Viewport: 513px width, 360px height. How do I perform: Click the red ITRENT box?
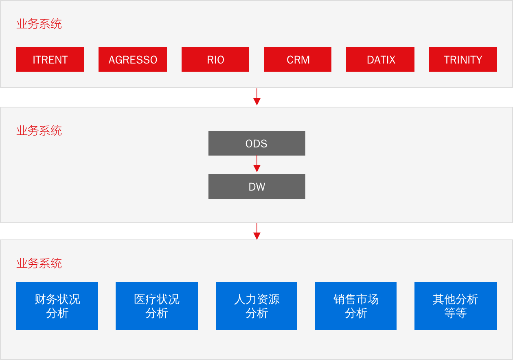point(50,59)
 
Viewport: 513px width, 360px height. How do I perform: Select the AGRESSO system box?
point(133,59)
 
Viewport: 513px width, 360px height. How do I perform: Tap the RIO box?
point(215,59)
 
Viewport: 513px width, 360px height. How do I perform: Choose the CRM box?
point(298,59)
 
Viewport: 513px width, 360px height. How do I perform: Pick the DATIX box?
point(380,59)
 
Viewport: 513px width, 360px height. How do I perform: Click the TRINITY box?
point(463,59)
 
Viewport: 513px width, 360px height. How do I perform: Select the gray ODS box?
point(257,143)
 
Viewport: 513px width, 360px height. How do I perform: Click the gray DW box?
point(257,187)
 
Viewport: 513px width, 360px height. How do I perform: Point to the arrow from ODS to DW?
point(257,164)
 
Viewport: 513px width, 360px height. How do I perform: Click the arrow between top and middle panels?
point(257,97)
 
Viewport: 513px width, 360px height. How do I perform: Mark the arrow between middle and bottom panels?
point(257,231)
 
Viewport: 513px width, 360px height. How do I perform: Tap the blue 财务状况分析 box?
point(57,306)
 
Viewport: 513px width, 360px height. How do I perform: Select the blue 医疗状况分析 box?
point(157,306)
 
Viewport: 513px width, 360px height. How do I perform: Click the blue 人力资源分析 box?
point(256,306)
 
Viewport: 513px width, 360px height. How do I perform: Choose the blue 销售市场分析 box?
point(356,306)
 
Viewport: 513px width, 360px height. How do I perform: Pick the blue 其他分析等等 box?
point(456,306)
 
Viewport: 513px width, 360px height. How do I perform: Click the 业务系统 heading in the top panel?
point(39,24)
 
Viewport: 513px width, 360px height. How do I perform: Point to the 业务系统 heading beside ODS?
point(39,131)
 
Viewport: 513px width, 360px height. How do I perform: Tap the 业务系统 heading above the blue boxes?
point(39,263)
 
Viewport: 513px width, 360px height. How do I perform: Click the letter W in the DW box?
point(261,187)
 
